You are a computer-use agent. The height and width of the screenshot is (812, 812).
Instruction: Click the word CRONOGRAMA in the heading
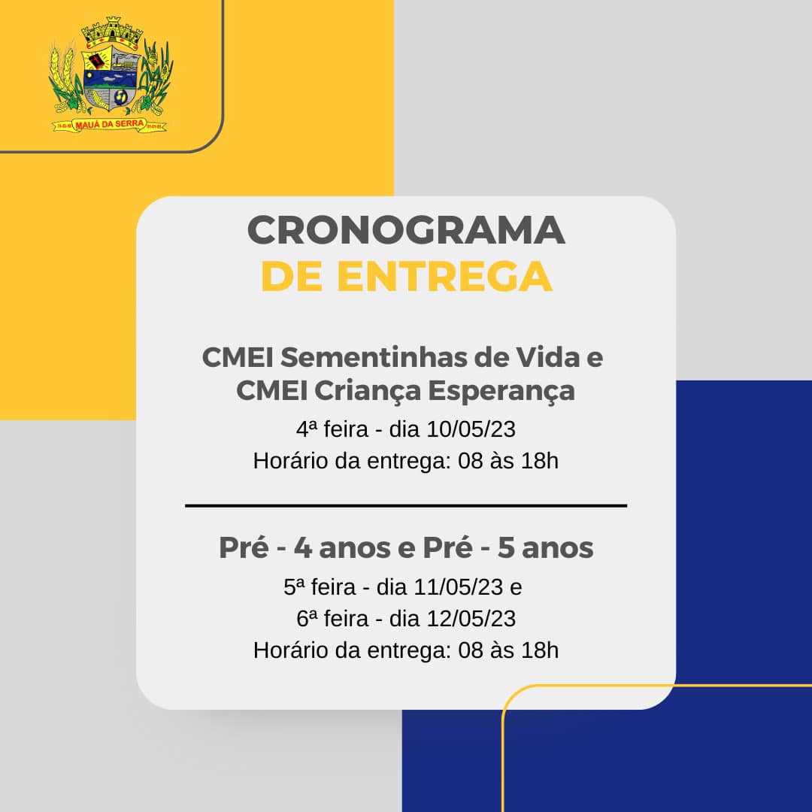pyautogui.click(x=406, y=230)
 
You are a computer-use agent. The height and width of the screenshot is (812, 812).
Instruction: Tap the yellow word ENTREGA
pyautogui.click(x=444, y=277)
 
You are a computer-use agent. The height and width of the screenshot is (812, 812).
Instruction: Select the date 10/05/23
pyautogui.click(x=471, y=429)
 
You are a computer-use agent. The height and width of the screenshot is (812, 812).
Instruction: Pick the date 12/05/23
pyautogui.click(x=471, y=619)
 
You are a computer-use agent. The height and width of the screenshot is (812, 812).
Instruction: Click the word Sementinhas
pyautogui.click(x=373, y=357)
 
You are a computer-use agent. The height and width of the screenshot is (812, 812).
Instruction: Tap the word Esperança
pyautogui.click(x=501, y=391)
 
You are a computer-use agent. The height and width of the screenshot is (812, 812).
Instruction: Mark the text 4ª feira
pyautogui.click(x=332, y=429)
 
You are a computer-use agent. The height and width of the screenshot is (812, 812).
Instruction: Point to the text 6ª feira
pyautogui.click(x=332, y=619)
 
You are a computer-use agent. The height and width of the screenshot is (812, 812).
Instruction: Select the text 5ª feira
pyautogui.click(x=320, y=587)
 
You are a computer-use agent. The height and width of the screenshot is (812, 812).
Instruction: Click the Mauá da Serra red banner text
pyautogui.click(x=109, y=124)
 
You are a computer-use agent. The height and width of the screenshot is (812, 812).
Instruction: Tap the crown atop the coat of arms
pyautogui.click(x=112, y=31)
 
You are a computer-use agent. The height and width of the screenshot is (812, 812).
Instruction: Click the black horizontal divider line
pyautogui.click(x=406, y=505)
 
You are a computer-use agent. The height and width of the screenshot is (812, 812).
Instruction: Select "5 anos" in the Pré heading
pyautogui.click(x=545, y=548)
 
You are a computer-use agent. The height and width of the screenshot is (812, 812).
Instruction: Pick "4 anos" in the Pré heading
pyautogui.click(x=342, y=548)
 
